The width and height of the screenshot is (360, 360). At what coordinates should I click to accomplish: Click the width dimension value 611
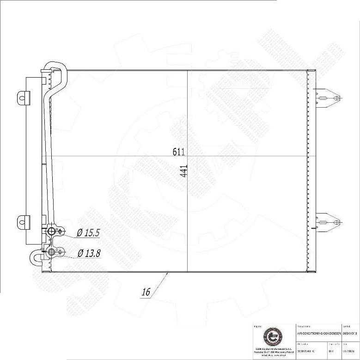pos(179,152)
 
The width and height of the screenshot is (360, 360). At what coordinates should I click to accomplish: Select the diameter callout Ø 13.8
pos(89,253)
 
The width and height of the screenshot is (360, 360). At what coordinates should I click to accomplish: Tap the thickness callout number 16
pos(146,292)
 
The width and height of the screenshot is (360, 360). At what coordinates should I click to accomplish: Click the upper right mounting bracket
pos(326,98)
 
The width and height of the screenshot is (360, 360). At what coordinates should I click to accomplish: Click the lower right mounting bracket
pos(326,221)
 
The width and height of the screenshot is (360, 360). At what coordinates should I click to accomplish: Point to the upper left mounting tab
pos(23,98)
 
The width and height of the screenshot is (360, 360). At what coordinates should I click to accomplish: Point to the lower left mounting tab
pos(23,221)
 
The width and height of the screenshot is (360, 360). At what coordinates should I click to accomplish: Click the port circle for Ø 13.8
pos(51,252)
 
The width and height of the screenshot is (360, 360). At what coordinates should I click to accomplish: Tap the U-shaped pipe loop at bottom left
pos(36,257)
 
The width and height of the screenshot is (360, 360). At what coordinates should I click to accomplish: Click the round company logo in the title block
pos(270,336)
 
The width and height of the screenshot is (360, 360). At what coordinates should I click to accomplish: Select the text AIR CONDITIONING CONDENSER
pos(318,332)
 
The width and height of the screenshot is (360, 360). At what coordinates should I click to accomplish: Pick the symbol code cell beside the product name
pos(349,332)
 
